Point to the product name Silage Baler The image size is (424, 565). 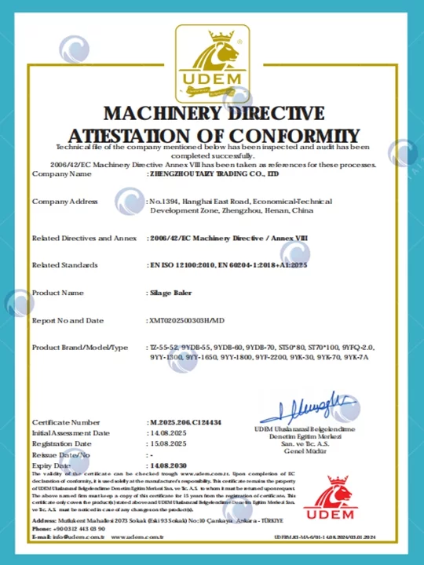[170, 293]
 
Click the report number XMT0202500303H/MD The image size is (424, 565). [187, 320]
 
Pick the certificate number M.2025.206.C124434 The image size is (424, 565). [186, 423]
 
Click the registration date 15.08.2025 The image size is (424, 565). [167, 444]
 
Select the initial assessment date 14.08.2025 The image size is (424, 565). [167, 433]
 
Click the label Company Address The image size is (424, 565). [64, 202]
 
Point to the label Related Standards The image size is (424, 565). [64, 265]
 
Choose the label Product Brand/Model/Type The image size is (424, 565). [79, 347]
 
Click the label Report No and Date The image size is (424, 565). [68, 320]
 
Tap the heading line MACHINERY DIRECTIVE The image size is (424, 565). [214, 114]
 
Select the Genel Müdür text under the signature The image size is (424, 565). [305, 452]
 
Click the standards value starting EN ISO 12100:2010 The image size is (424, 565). [228, 265]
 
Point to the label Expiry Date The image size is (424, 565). [52, 465]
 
